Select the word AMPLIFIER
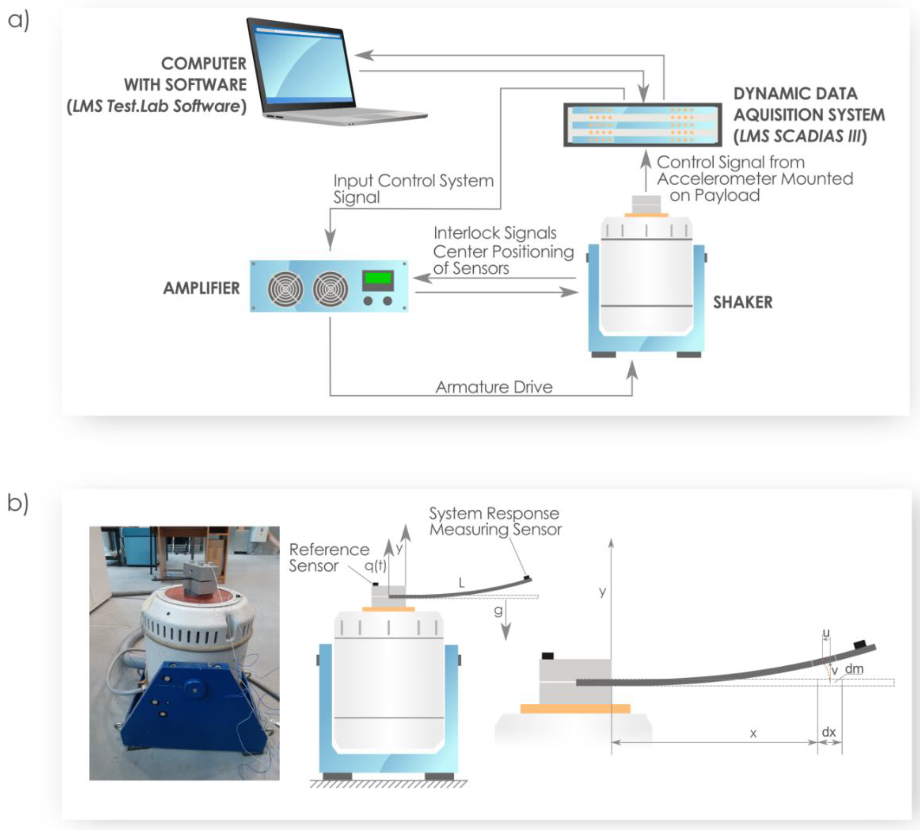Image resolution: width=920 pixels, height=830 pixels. pyautogui.click(x=201, y=288)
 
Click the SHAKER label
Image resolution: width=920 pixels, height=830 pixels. pyautogui.click(x=743, y=302)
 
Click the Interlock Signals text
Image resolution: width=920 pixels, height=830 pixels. pyautogui.click(x=495, y=233)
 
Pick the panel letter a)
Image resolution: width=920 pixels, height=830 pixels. pyautogui.click(x=19, y=21)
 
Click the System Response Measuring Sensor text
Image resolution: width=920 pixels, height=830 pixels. pyautogui.click(x=495, y=521)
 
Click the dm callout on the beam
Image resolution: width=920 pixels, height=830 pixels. pyautogui.click(x=854, y=669)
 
